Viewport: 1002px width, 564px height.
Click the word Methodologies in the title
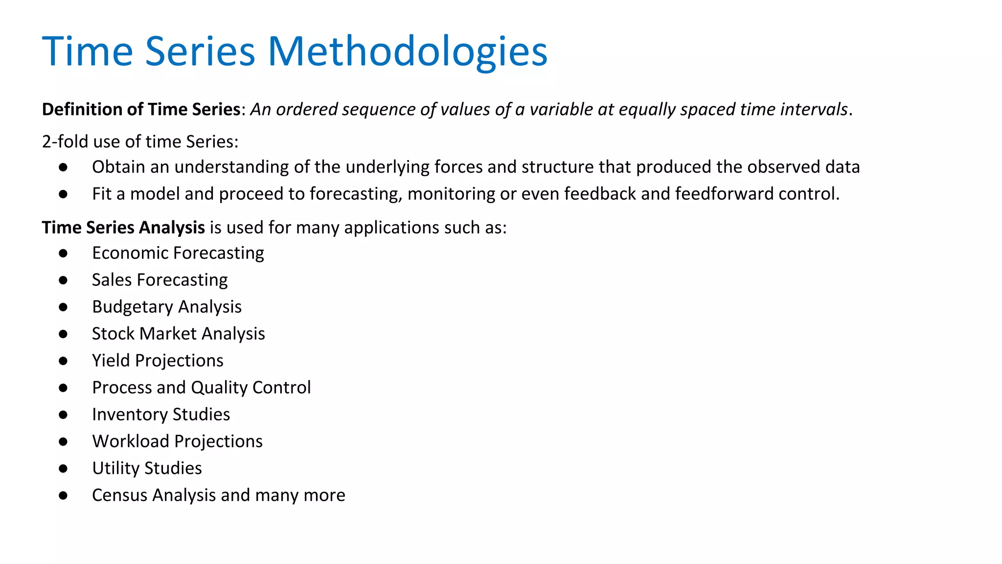click(x=407, y=52)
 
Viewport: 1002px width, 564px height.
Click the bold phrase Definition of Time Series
click(x=141, y=109)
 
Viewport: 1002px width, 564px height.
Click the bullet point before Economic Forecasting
click(x=63, y=253)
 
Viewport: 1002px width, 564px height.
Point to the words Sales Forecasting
click(x=159, y=280)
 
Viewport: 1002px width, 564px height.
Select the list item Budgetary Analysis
click(x=166, y=307)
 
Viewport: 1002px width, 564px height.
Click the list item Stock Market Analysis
click(x=178, y=334)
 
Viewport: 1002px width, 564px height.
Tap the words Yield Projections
click(x=158, y=361)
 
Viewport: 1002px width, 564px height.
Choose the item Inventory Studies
click(x=161, y=415)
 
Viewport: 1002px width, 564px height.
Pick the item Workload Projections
click(x=177, y=442)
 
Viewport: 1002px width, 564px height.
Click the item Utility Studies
click(x=147, y=469)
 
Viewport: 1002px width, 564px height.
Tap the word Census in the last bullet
click(x=120, y=495)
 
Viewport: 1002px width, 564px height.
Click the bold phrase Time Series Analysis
click(x=123, y=228)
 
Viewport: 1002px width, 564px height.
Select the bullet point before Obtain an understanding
click(x=63, y=167)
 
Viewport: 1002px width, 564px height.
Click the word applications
click(x=392, y=228)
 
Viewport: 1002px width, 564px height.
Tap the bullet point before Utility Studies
click(x=63, y=469)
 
